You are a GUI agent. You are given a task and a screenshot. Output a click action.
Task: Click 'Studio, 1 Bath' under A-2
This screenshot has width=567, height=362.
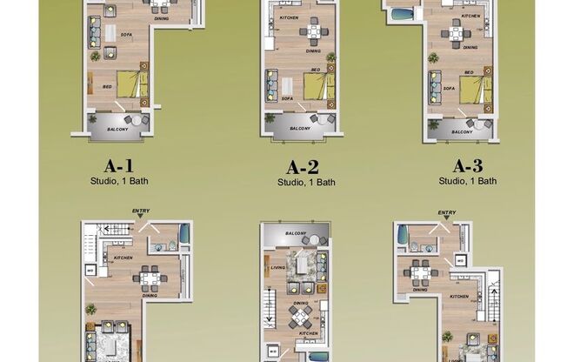(x=306, y=183)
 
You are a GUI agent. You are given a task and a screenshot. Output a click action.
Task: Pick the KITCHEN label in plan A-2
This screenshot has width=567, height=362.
(x=290, y=17)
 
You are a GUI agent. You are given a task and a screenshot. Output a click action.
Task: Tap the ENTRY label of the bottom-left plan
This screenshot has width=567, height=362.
(x=141, y=211)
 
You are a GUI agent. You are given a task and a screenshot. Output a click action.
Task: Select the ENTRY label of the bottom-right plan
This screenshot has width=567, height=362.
(x=447, y=212)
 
